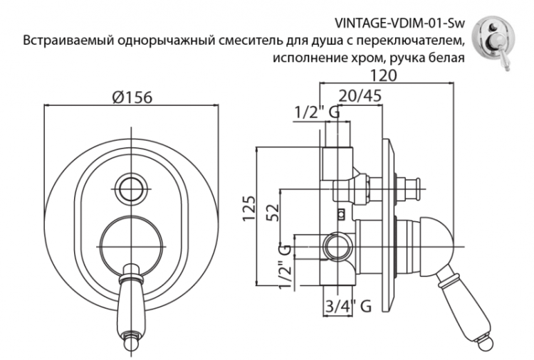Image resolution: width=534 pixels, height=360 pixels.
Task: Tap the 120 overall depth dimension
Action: pyautogui.click(x=389, y=75)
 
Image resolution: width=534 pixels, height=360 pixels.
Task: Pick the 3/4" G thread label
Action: pyautogui.click(x=347, y=307)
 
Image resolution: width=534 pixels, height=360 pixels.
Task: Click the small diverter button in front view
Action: pyautogui.click(x=130, y=190)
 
